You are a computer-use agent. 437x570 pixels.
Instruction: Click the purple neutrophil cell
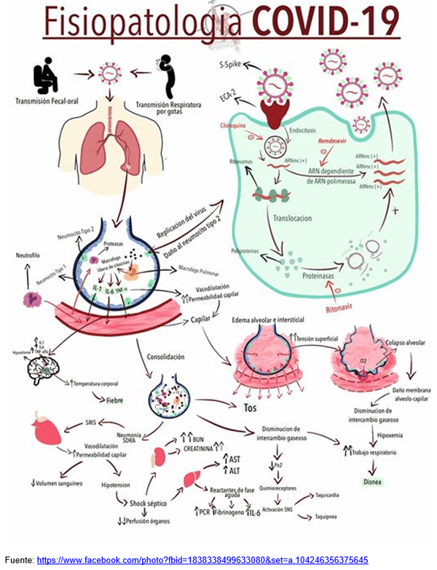[x=33, y=299]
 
